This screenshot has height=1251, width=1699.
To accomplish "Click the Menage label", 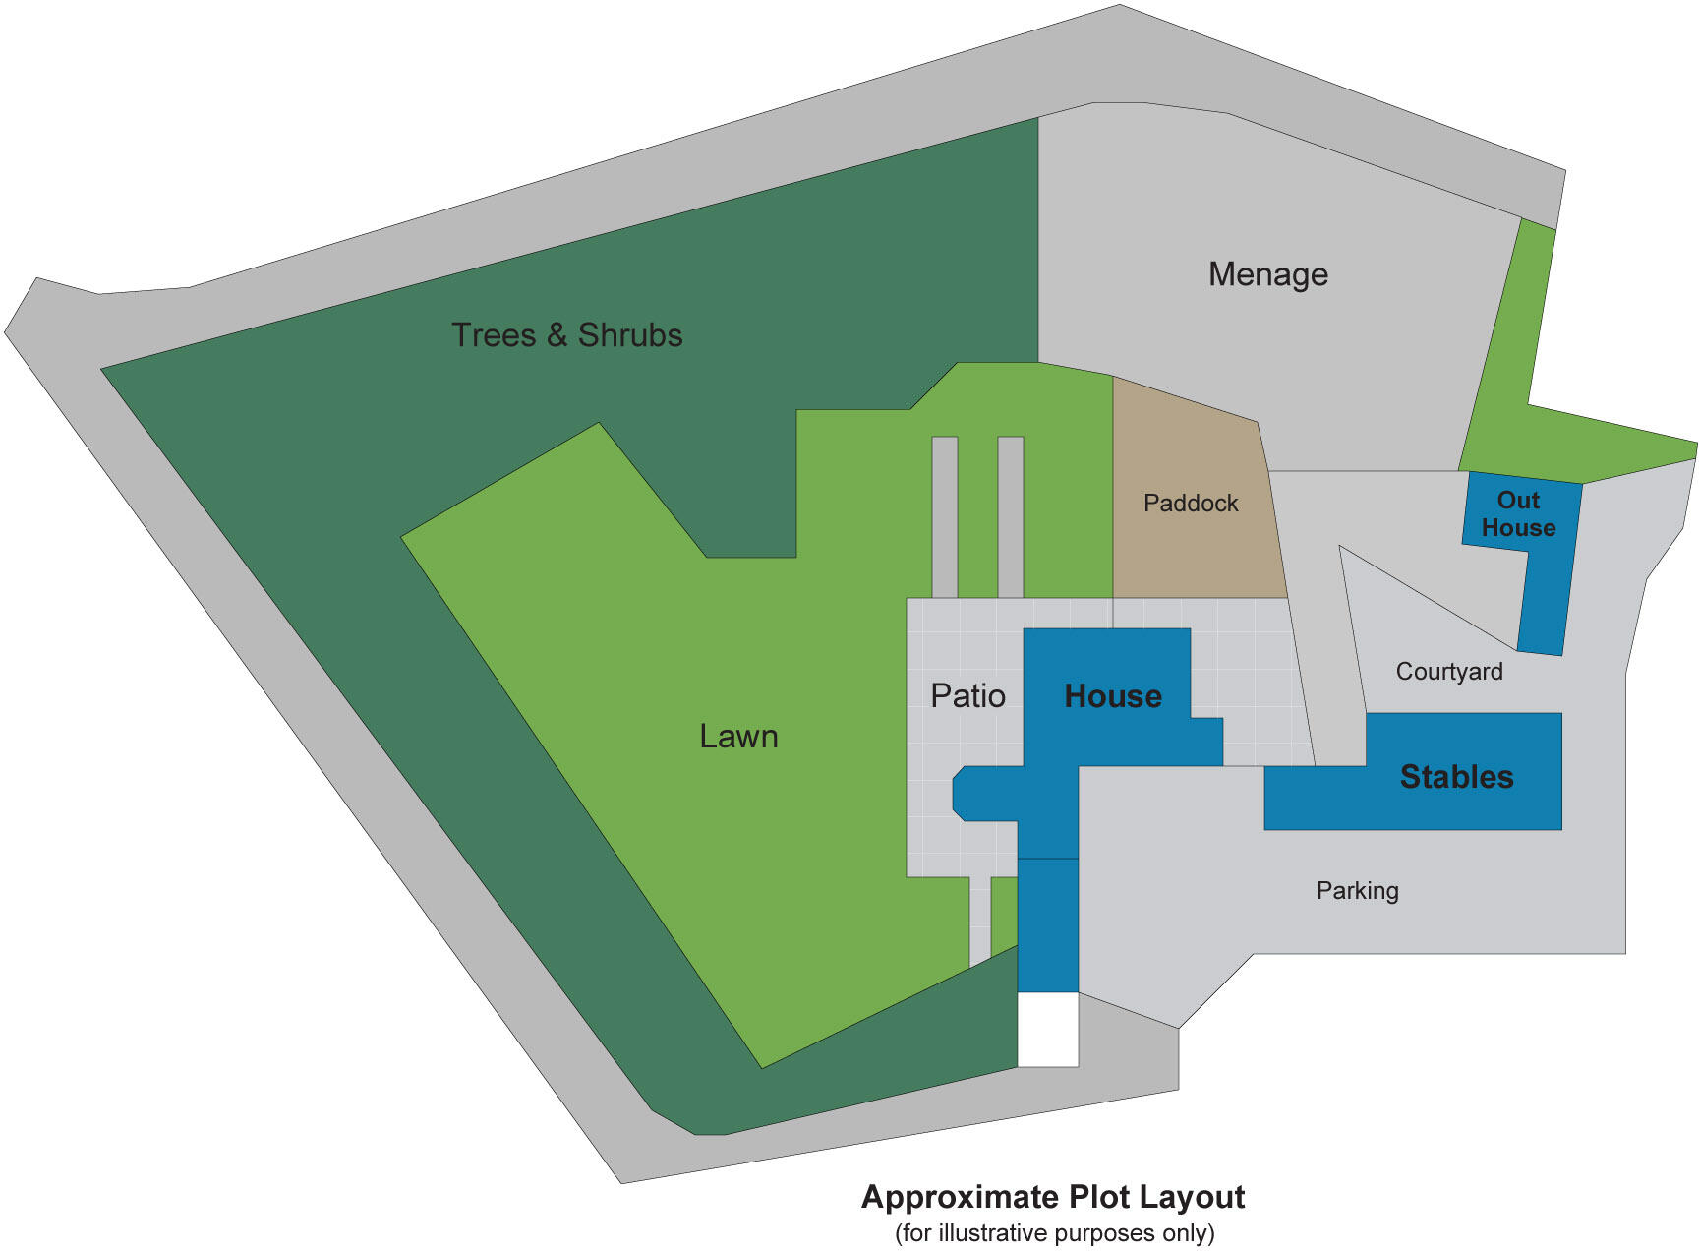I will tap(1267, 274).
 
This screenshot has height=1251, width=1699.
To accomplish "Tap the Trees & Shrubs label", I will tap(566, 335).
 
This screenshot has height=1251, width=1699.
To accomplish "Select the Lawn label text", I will tap(738, 737).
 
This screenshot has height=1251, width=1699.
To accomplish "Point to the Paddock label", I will tap(1191, 504).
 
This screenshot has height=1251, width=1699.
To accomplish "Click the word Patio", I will tap(967, 696).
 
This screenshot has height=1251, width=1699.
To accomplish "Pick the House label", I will tap(1113, 696).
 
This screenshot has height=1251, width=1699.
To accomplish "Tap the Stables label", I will tap(1456, 777).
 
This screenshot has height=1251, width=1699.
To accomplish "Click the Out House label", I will tap(1518, 514).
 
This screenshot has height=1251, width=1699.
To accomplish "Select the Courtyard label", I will tap(1449, 672).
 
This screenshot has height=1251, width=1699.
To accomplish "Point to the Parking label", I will tap(1357, 891).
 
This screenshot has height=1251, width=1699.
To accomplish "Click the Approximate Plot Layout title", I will tap(1053, 1197).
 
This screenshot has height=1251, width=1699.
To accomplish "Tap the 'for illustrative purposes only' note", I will tap(1054, 1233).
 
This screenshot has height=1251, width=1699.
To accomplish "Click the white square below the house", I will tap(1047, 1030).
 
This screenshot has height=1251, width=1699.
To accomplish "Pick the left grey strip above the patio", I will tap(945, 516).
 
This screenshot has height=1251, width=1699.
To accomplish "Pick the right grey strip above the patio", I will tap(1011, 516).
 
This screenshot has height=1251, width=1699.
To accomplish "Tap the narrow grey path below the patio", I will tap(979, 920).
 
